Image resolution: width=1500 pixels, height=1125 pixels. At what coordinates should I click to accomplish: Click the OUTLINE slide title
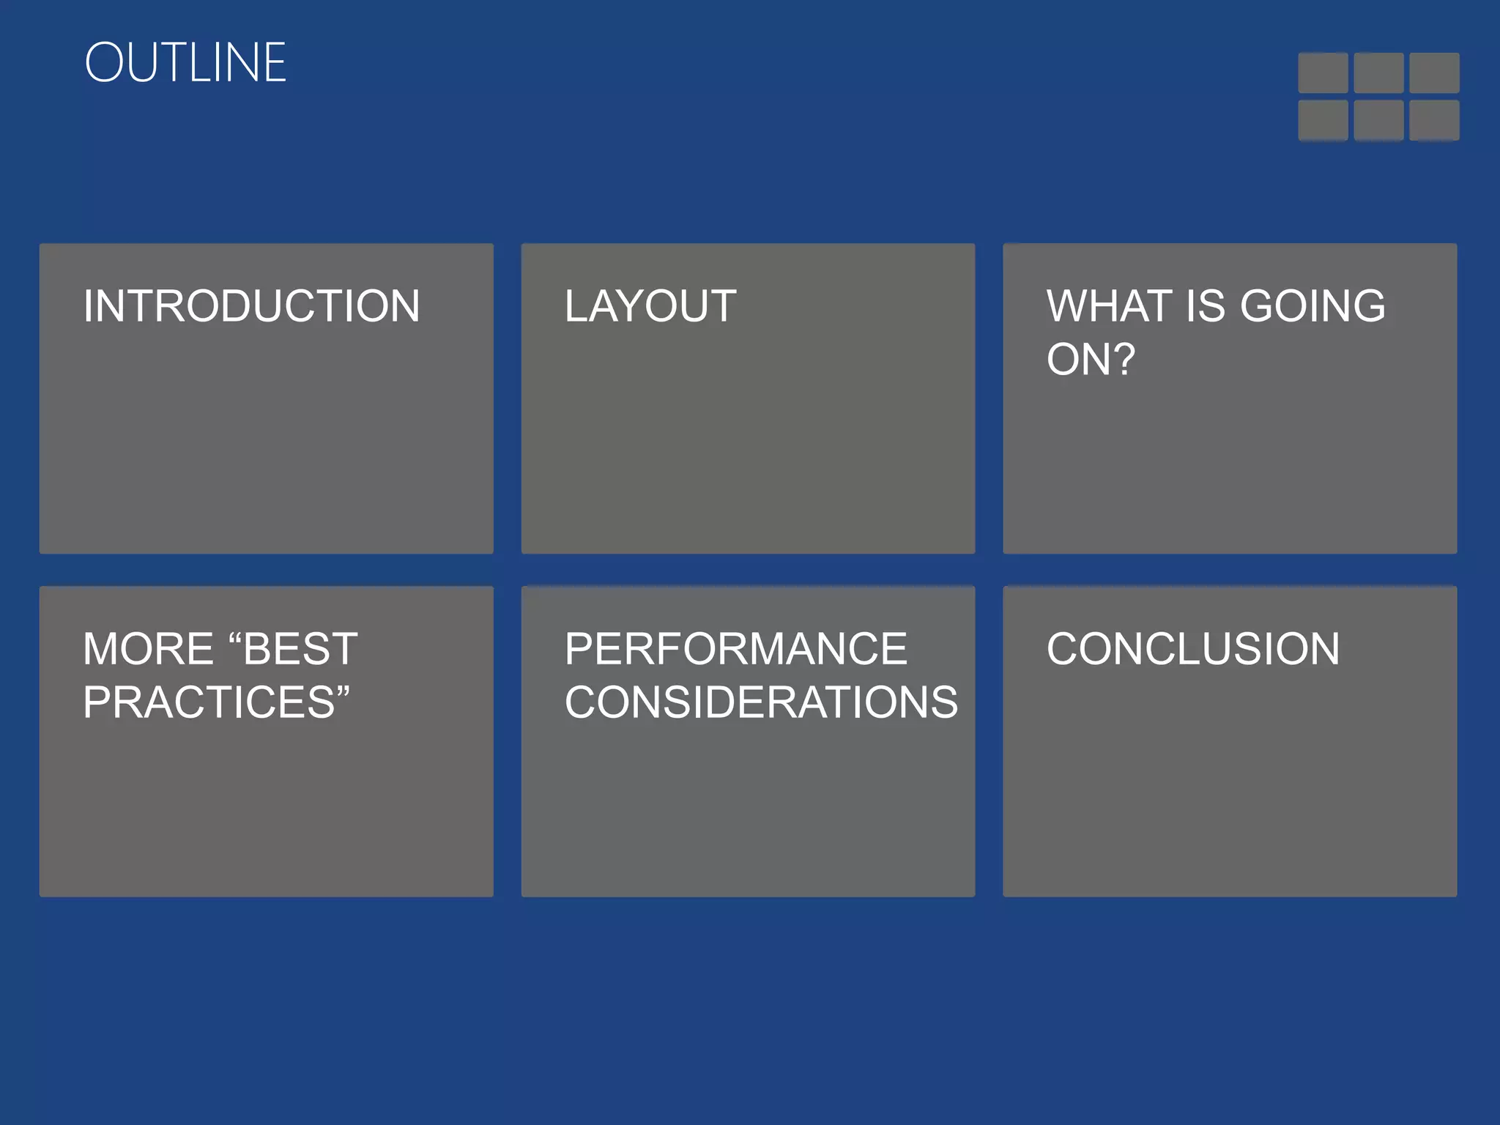pyautogui.click(x=185, y=63)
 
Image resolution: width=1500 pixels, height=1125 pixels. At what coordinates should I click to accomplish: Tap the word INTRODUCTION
pyautogui.click(x=251, y=306)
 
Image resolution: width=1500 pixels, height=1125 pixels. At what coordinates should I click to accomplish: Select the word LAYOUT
pyautogui.click(x=650, y=306)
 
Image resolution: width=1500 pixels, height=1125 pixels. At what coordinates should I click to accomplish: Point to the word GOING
pyautogui.click(x=1312, y=306)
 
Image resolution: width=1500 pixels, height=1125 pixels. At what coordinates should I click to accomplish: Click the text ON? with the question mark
pyautogui.click(x=1091, y=360)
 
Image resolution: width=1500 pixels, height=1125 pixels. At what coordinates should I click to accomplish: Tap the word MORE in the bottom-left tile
pyautogui.click(x=148, y=649)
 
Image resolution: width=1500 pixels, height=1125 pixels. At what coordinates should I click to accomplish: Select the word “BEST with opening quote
pyautogui.click(x=293, y=649)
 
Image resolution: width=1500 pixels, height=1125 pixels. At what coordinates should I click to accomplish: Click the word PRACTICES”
pyautogui.click(x=216, y=702)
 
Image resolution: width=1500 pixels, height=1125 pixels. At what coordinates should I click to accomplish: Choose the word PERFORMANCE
pyautogui.click(x=735, y=649)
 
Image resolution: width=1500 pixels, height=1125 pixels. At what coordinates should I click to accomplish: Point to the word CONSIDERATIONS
pyautogui.click(x=761, y=702)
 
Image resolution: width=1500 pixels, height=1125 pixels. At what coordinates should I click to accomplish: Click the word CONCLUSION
pyautogui.click(x=1193, y=649)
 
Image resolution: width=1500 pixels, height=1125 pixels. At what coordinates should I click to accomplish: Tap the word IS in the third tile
pyautogui.click(x=1205, y=306)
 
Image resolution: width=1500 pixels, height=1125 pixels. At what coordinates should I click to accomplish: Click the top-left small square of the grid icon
pyautogui.click(x=1323, y=73)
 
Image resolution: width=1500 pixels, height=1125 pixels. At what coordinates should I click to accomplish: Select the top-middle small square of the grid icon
pyautogui.click(x=1378, y=73)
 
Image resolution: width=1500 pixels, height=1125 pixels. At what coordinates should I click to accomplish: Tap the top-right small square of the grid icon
pyautogui.click(x=1434, y=73)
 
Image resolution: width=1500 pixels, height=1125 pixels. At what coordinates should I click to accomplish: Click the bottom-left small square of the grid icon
pyautogui.click(x=1323, y=120)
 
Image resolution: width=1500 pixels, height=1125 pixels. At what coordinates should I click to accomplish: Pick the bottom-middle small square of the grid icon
pyautogui.click(x=1378, y=120)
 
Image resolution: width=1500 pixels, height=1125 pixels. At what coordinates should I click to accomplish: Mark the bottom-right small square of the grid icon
pyautogui.click(x=1434, y=120)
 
